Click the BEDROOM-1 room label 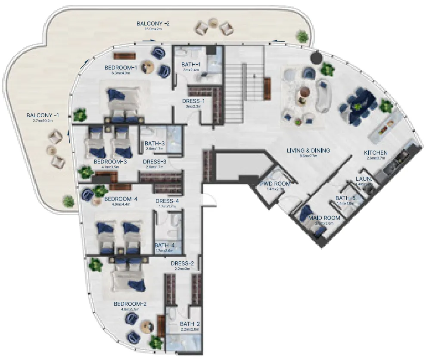click(x=121, y=68)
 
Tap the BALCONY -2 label click(x=153, y=23)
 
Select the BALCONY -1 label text click(x=43, y=116)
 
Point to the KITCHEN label click(x=376, y=153)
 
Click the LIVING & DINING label click(x=308, y=150)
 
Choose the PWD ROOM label click(x=275, y=184)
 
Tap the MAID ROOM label click(x=324, y=218)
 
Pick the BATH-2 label click(x=190, y=324)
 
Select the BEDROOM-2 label click(x=130, y=304)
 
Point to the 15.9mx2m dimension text click(x=153, y=29)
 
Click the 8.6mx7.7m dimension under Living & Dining click(x=308, y=156)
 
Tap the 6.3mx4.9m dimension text click(x=121, y=73)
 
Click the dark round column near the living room click(x=317, y=57)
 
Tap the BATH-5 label click(x=345, y=198)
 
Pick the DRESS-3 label click(x=155, y=162)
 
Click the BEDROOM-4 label click(x=121, y=199)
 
